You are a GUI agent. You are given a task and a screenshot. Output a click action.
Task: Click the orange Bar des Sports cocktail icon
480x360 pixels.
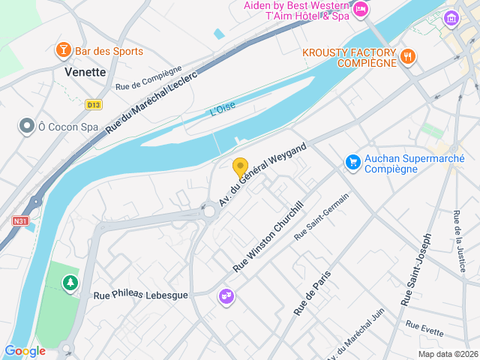(x=64, y=51)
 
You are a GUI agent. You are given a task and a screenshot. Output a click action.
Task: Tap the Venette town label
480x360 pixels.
(x=85, y=72)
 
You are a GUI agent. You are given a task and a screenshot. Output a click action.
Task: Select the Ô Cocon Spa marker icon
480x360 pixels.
(x=28, y=127)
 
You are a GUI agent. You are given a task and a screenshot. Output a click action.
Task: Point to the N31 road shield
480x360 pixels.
(x=20, y=220)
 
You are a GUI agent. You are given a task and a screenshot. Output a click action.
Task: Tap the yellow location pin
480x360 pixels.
(x=240, y=168)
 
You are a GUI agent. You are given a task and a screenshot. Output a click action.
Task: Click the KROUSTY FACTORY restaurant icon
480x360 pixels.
(x=408, y=56)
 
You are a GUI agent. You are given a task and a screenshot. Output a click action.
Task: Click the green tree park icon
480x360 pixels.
(x=70, y=283)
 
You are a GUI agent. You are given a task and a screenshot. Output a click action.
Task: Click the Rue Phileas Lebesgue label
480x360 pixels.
(x=140, y=295)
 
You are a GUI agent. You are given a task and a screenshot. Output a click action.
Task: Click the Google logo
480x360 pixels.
(x=25, y=351)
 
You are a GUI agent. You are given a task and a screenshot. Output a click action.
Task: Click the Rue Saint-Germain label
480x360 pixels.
(x=322, y=216)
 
